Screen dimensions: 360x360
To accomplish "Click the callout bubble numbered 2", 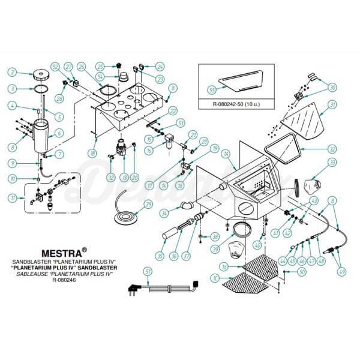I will pos(11,73).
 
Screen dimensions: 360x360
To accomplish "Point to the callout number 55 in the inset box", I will pos(211,89).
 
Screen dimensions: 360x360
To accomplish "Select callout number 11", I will pos(11,197).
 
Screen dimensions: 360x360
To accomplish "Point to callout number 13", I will pos(125,178).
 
